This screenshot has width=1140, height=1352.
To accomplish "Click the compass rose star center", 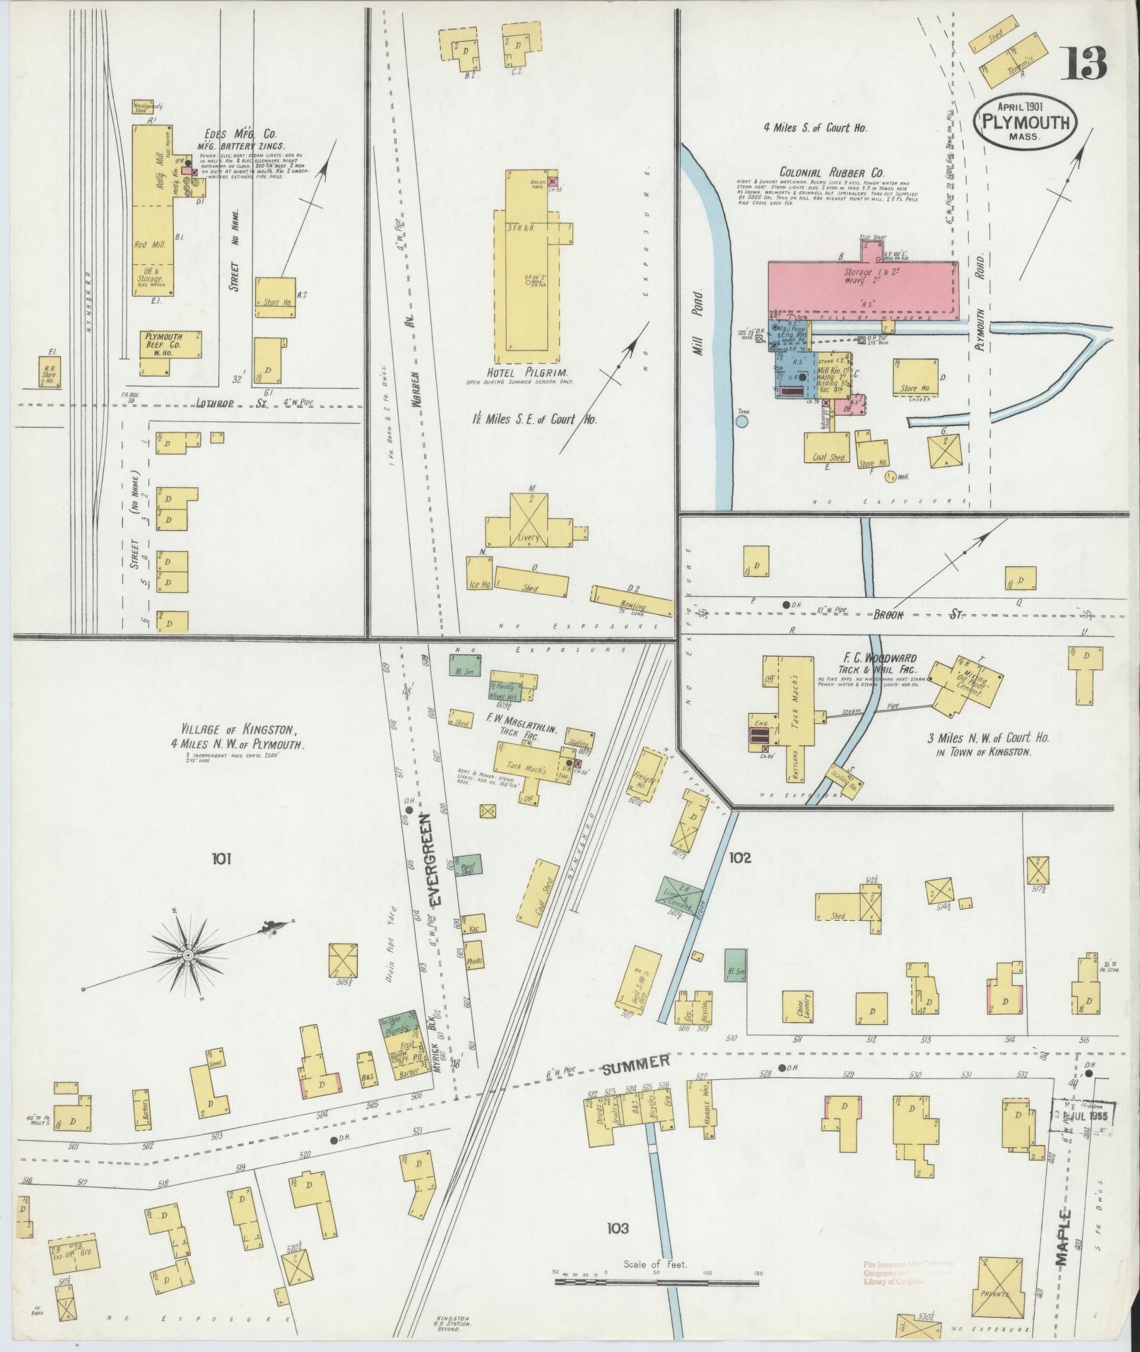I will (x=188, y=956).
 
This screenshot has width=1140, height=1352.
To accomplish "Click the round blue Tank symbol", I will (x=742, y=422).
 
